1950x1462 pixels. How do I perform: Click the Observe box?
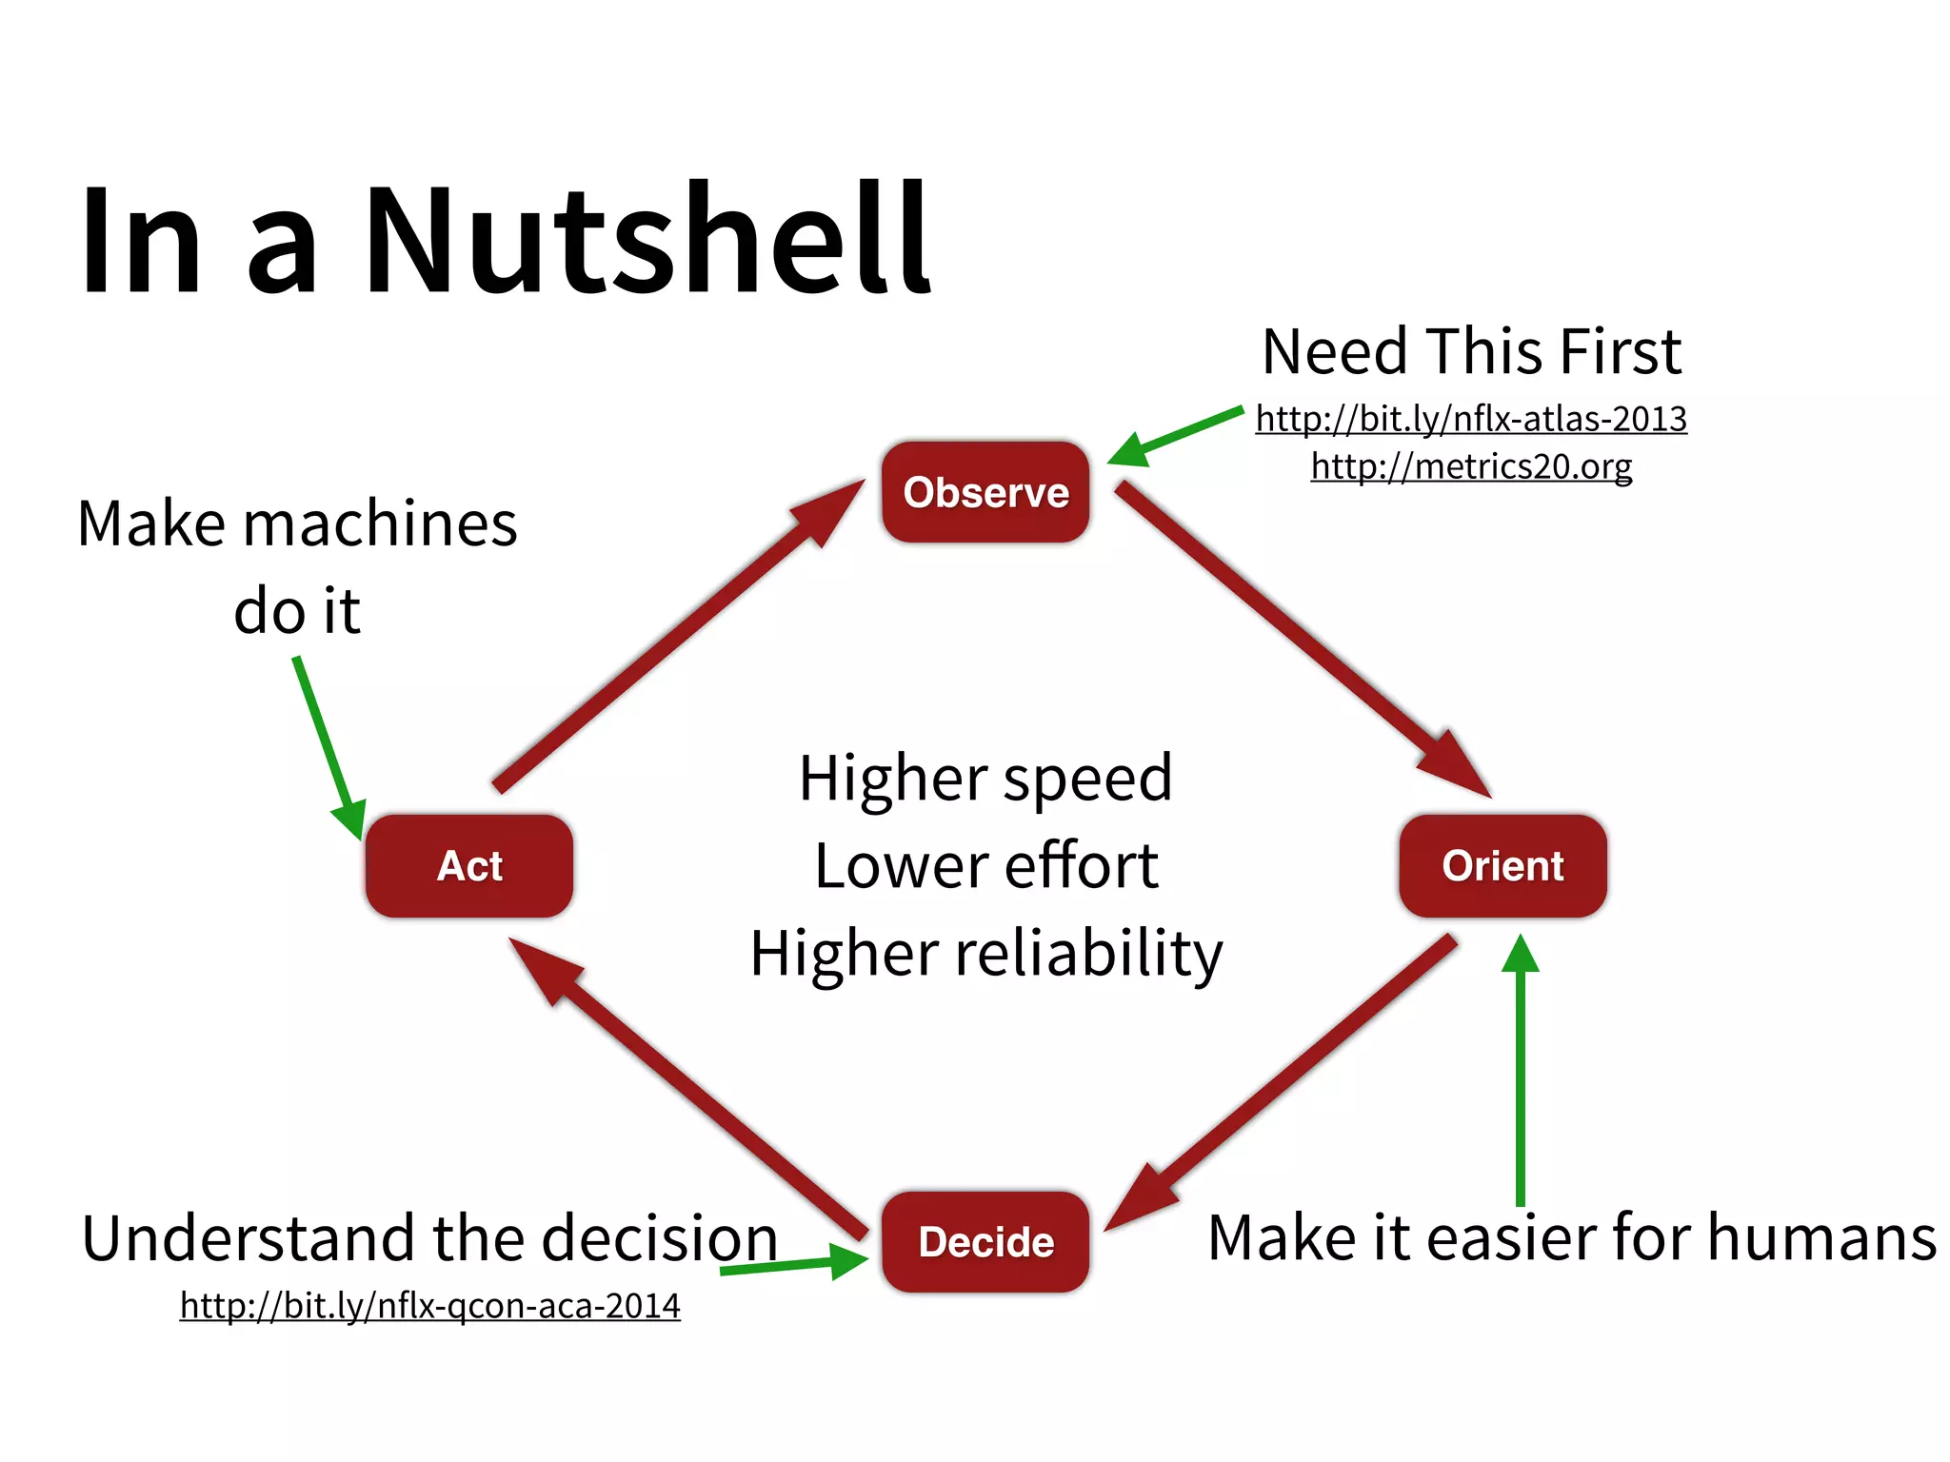coord(985,492)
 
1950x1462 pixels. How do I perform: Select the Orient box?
coord(1502,865)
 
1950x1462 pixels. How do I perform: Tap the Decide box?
coord(985,1241)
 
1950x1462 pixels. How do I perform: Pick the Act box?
coord(469,865)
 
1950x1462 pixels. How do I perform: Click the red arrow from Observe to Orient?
coord(1295,633)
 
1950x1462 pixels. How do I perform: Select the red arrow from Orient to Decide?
coord(1285,1080)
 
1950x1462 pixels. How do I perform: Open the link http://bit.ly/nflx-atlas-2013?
coord(1471,419)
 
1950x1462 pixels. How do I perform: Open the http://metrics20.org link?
coord(1471,466)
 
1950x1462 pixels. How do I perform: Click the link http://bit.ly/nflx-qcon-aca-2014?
coord(429,1305)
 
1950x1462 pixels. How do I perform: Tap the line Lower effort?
coord(985,866)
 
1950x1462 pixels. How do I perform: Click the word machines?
coord(380,524)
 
